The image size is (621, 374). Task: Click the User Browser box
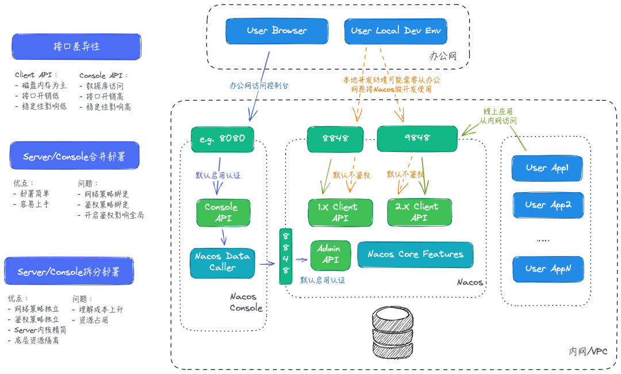pos(277,31)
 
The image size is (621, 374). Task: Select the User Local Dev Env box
pos(396,31)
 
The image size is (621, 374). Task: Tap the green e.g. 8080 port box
pos(223,139)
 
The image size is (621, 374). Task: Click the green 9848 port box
pos(417,138)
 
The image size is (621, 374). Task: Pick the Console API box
pos(221,212)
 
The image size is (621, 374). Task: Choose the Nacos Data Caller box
pos(223,262)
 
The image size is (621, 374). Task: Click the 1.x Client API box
pos(340,212)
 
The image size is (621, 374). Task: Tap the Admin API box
pos(330,254)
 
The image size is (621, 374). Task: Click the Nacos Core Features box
pos(415,254)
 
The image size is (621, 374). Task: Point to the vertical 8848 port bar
pos(286,256)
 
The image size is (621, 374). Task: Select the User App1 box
pos(547,169)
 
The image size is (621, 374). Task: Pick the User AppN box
pos(547,269)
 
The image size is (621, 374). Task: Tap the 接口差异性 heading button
pos(76,47)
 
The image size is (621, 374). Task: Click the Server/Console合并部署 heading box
pos(74,156)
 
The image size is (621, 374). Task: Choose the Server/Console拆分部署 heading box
pos(68,272)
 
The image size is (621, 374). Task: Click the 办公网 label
pos(443,56)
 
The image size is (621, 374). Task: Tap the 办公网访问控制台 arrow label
pos(259,85)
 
